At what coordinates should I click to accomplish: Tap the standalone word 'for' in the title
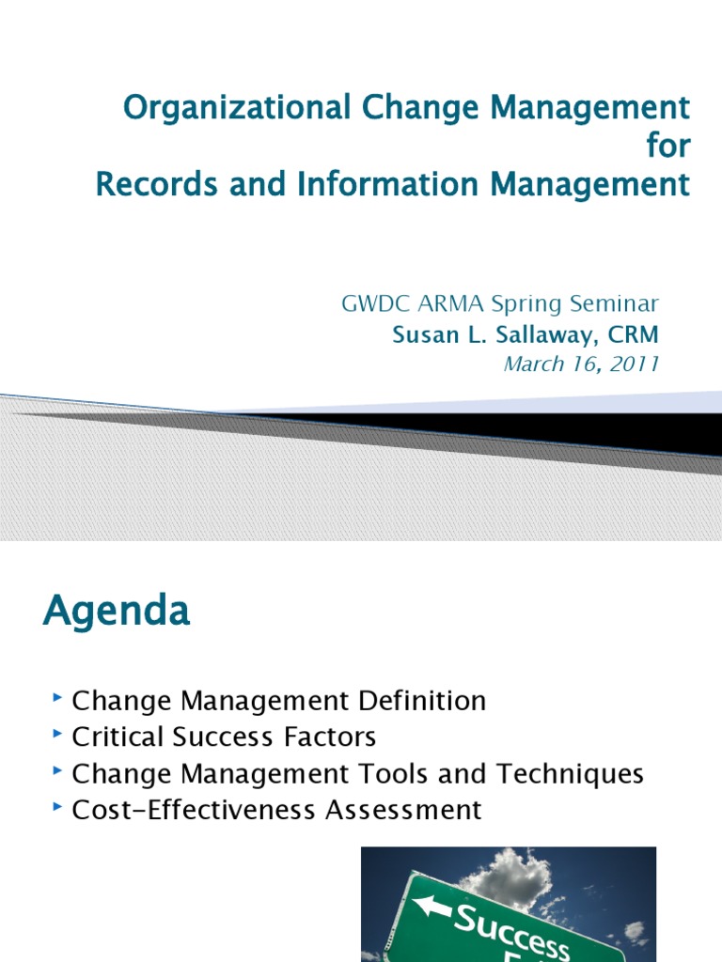click(667, 147)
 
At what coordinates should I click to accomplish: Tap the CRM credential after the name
click(636, 334)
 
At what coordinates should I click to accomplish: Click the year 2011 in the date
click(636, 365)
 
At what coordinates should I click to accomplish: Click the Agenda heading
click(117, 612)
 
